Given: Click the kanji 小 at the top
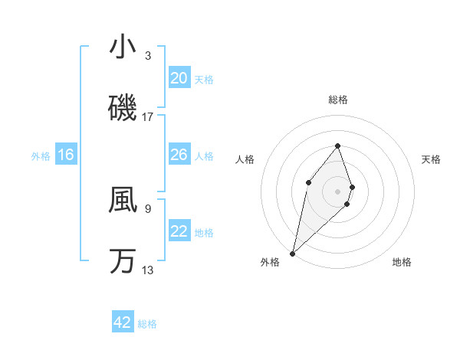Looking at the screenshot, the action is tap(123, 47).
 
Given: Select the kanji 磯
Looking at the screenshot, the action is tap(123, 108).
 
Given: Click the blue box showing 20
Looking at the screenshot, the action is tap(179, 78).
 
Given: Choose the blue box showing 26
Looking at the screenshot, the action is tap(179, 155).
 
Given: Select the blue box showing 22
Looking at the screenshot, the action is tap(179, 231).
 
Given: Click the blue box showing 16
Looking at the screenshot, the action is tap(66, 155).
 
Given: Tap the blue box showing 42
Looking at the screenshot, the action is tap(123, 322).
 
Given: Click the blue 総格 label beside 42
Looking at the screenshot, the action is tap(147, 324).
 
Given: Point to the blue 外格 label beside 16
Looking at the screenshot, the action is tap(41, 156).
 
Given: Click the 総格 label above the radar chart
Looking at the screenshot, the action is tap(337, 100).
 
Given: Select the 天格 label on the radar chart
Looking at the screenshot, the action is tap(432, 159).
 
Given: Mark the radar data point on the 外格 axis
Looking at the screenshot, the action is tap(292, 253).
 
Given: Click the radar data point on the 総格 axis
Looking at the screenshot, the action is tap(337, 145).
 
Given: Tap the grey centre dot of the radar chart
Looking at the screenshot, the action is tap(337, 191).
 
